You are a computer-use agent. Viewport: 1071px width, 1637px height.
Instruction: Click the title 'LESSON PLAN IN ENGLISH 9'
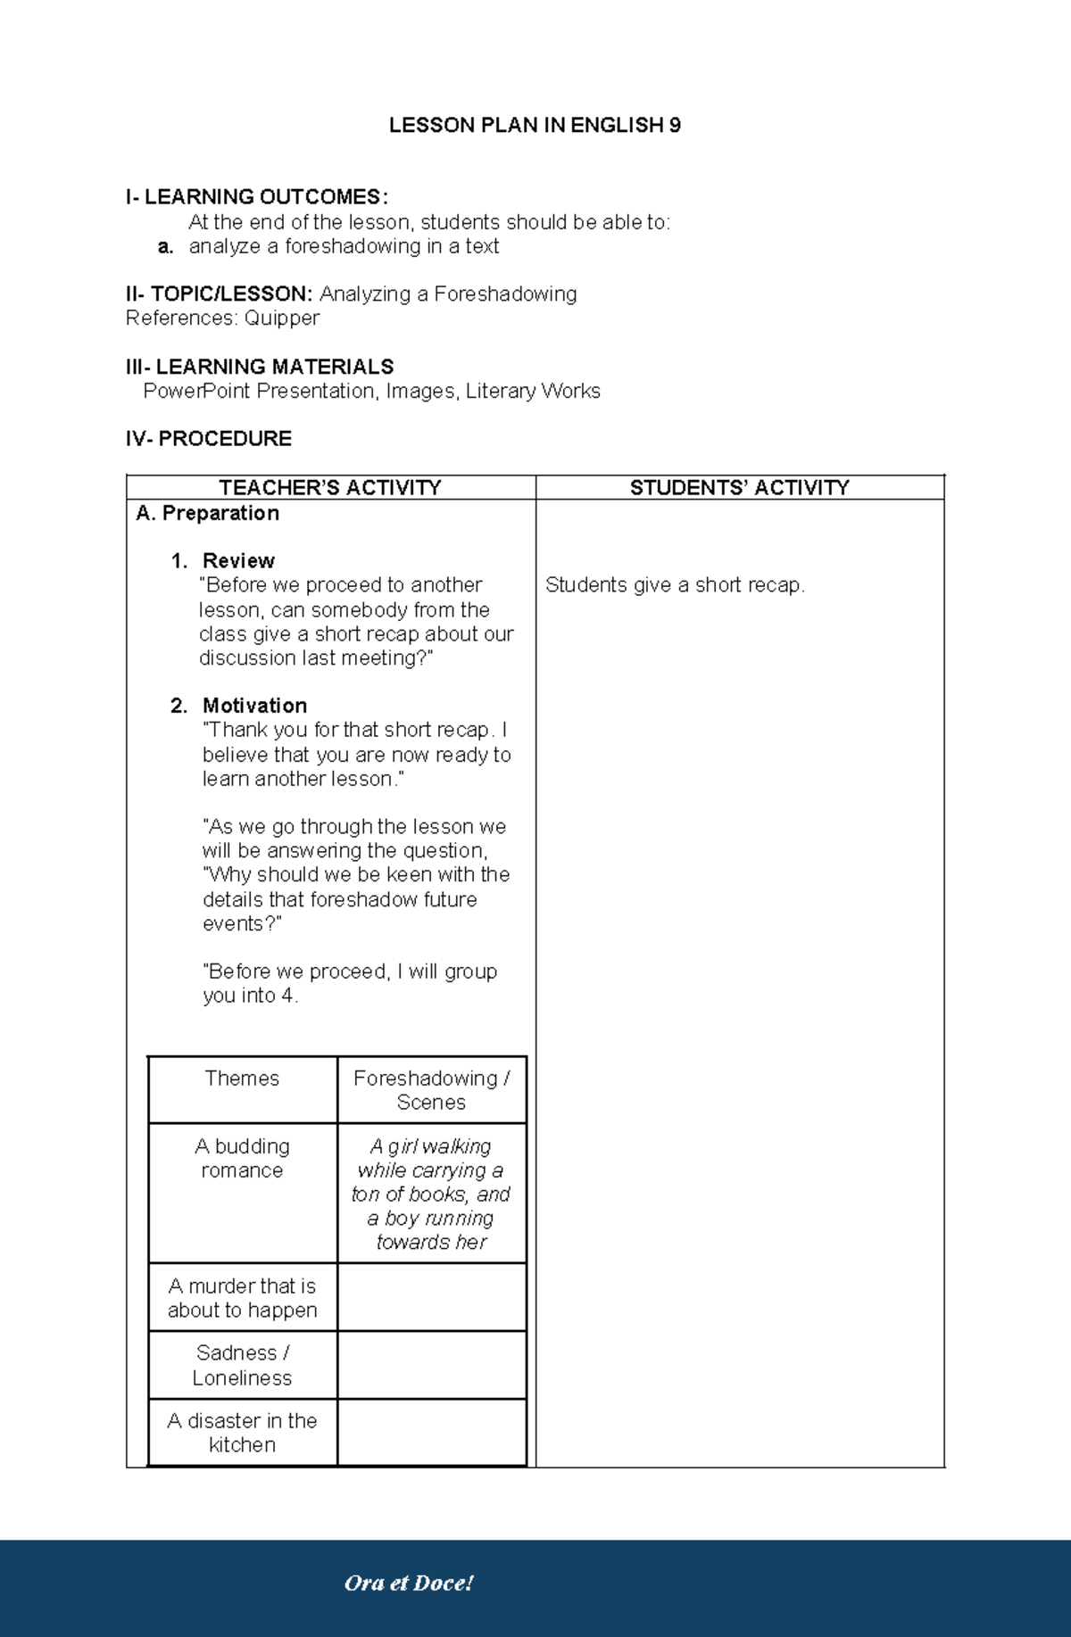coord(535,126)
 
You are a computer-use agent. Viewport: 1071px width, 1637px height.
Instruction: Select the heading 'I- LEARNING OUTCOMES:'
coord(257,197)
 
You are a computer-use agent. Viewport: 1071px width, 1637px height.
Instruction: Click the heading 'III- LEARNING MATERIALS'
coord(260,367)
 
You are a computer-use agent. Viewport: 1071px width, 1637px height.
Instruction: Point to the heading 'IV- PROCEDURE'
coord(209,439)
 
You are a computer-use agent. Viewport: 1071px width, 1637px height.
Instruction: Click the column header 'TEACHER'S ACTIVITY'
coord(330,488)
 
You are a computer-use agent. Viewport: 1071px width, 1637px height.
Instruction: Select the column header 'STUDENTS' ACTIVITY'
coord(739,488)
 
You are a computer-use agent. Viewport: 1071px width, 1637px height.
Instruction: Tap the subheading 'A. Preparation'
coord(208,513)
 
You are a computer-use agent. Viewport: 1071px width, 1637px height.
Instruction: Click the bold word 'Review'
coord(238,561)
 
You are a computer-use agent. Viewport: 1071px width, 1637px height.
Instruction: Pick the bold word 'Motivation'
coord(254,706)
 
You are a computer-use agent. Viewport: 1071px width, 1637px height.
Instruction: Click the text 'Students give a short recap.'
coord(675,585)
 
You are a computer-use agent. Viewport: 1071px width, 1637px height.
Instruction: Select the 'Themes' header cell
coord(242,1079)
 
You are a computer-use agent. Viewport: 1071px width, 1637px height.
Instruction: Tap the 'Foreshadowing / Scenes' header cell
coord(431,1090)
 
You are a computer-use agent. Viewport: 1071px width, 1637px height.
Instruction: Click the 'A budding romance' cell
coord(242,1158)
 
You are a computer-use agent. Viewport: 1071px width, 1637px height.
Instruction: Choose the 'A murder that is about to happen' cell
coord(242,1298)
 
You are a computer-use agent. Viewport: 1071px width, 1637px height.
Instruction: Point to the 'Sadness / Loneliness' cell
coord(242,1365)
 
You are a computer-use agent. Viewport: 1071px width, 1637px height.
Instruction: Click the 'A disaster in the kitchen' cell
coord(242,1433)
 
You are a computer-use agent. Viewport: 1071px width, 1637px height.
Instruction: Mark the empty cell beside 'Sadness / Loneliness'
coord(431,1365)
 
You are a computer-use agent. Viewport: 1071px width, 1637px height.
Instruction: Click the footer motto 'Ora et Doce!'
coord(409,1583)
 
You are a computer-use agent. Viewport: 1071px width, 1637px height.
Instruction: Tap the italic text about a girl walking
coord(431,1194)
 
